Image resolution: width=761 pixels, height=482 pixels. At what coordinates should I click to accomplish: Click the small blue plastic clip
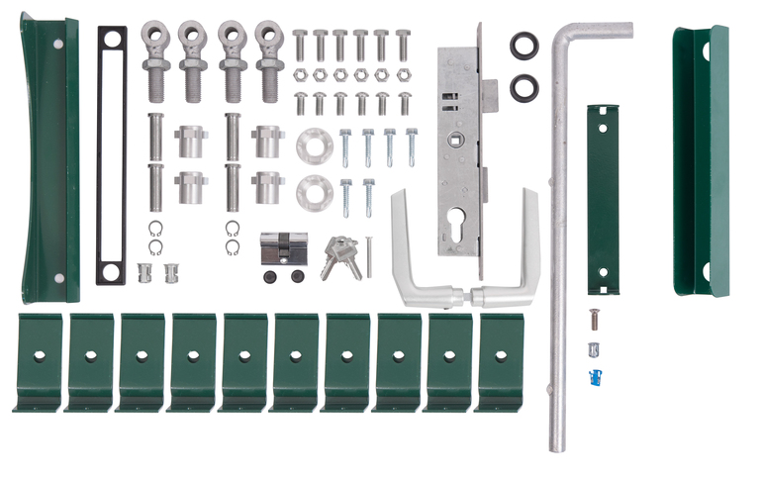pos(595,375)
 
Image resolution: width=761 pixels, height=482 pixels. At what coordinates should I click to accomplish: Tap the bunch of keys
pos(339,254)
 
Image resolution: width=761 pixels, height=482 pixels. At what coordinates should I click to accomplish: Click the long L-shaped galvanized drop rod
pos(557,247)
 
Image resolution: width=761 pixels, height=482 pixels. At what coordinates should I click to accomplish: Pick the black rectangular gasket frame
pos(111,154)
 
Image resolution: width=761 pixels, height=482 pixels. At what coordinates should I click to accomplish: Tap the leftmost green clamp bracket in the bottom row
pos(38,361)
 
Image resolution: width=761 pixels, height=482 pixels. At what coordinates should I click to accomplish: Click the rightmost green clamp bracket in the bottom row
pos(500,361)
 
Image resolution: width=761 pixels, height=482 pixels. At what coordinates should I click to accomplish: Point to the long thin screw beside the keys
pos(368,254)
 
